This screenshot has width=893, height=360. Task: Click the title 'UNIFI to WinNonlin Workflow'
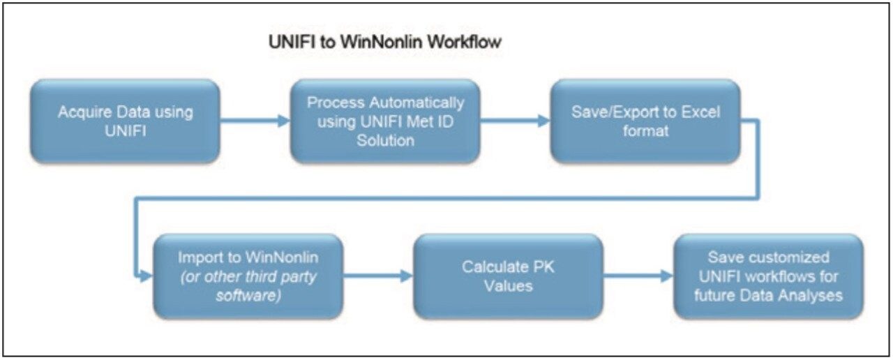tap(385, 42)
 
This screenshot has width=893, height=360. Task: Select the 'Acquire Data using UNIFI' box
tap(126, 121)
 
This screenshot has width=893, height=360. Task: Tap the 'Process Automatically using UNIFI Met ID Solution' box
tap(385, 121)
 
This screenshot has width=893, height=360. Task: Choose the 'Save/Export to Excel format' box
tap(645, 121)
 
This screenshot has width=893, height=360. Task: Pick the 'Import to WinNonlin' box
tap(248, 276)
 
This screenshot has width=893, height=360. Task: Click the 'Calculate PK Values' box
tap(508, 276)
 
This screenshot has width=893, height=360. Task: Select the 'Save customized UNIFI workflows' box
tap(768, 276)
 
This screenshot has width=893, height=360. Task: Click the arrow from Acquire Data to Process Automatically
tap(255, 121)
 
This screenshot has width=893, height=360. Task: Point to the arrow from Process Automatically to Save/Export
tap(516, 121)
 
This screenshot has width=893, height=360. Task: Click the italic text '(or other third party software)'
tap(248, 285)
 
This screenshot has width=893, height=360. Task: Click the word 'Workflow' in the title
tap(464, 42)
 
